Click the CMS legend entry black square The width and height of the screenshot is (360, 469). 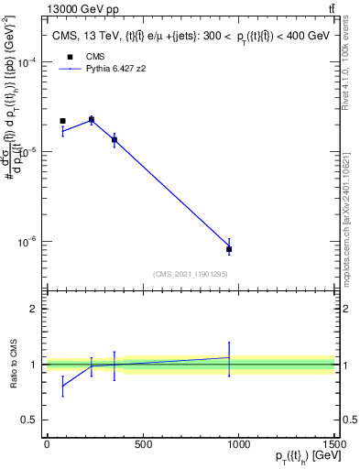click(x=70, y=57)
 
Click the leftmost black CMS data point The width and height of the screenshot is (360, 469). click(x=62, y=121)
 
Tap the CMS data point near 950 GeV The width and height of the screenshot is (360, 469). click(x=229, y=249)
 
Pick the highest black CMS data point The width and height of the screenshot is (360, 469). click(x=92, y=120)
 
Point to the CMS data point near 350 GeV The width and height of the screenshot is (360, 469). click(x=114, y=139)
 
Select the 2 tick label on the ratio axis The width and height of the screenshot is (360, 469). click(x=33, y=309)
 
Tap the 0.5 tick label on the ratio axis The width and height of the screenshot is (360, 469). click(x=29, y=420)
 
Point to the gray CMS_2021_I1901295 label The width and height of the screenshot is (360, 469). click(x=191, y=274)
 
